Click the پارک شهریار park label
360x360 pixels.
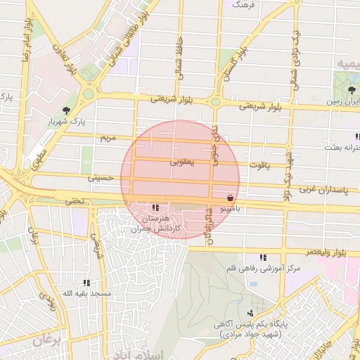89,122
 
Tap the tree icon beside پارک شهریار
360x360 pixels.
66,110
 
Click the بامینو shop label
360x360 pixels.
233,210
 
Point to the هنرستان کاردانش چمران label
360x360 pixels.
159,224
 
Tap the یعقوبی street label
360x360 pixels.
181,162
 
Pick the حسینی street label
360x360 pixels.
101,179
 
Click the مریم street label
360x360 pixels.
107,138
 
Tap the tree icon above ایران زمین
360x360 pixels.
349,89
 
